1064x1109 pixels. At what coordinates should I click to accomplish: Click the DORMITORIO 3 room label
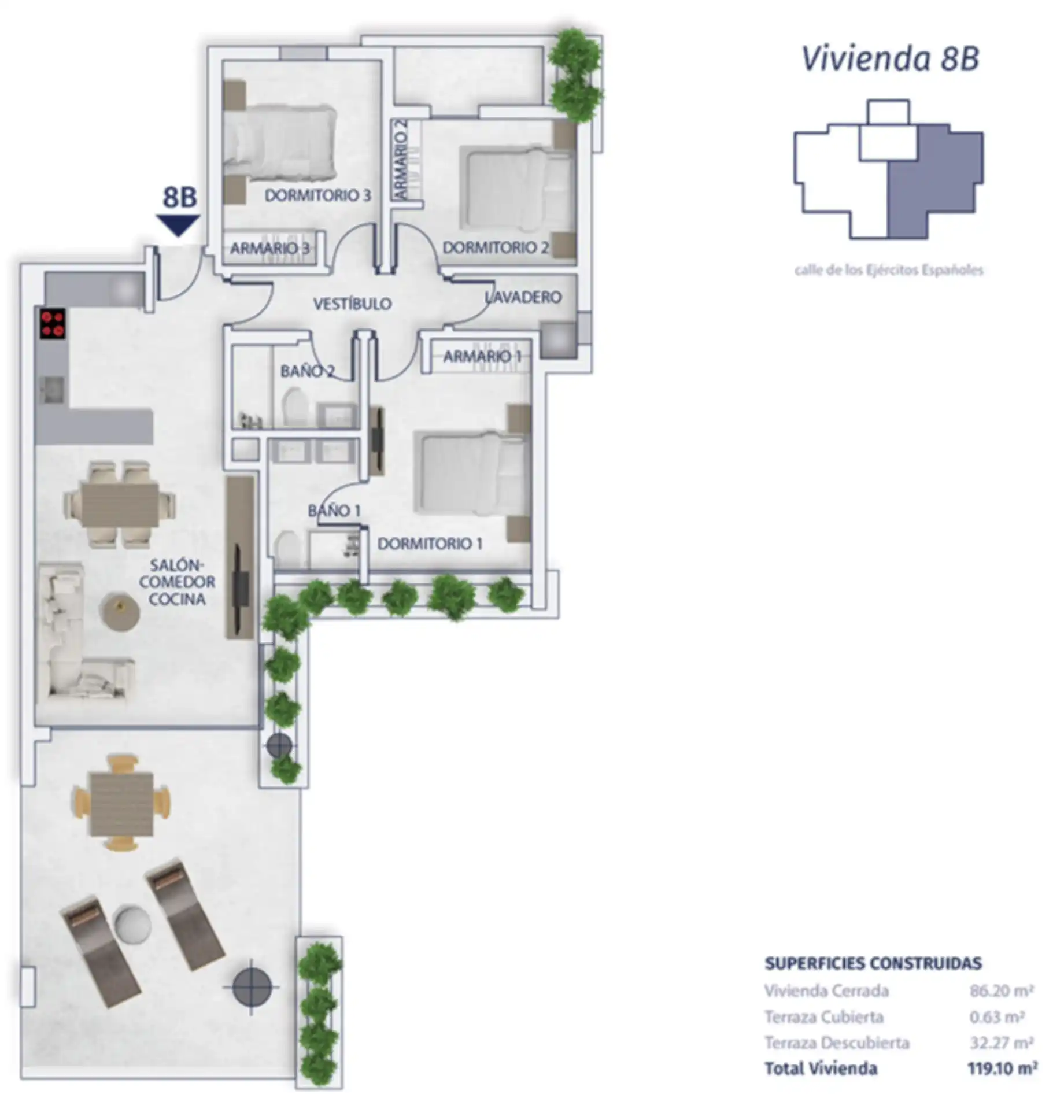coord(317,195)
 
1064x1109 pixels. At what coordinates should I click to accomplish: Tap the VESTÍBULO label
coord(352,304)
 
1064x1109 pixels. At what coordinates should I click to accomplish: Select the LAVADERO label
coord(523,297)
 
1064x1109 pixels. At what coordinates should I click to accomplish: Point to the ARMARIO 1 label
coord(482,356)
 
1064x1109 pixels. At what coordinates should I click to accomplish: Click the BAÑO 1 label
coord(334,511)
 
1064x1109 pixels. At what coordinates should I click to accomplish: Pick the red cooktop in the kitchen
coord(53,324)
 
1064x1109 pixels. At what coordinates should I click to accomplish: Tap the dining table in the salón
coord(120,504)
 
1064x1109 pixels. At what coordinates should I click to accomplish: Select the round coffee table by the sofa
coord(120,611)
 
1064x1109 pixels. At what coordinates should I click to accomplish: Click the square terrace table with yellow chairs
coord(121,803)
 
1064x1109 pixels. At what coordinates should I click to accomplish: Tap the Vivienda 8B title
coord(890,58)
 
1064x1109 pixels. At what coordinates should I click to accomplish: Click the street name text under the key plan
coord(889,270)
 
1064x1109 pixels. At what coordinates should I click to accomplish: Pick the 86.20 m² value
coord(1002,990)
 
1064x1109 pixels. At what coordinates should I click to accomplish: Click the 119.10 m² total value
coord(1002,1068)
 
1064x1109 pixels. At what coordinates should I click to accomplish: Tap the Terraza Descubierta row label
coord(837,1043)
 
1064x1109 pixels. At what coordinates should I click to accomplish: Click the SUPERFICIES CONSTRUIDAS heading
coord(873,963)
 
